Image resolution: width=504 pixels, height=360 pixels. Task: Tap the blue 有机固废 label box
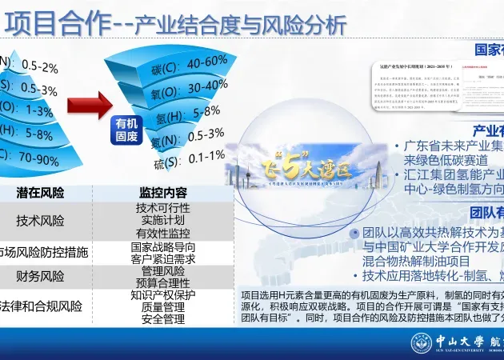pos(126,130)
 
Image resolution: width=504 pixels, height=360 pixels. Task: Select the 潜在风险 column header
pos(41,193)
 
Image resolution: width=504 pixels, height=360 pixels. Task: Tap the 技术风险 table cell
pos(41,221)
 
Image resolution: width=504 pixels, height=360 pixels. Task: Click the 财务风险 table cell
pos(41,277)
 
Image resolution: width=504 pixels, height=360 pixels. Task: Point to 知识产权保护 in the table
pos(162,294)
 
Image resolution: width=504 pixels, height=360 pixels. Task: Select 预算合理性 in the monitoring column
pos(162,282)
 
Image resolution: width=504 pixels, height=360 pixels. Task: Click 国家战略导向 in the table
pos(162,247)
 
